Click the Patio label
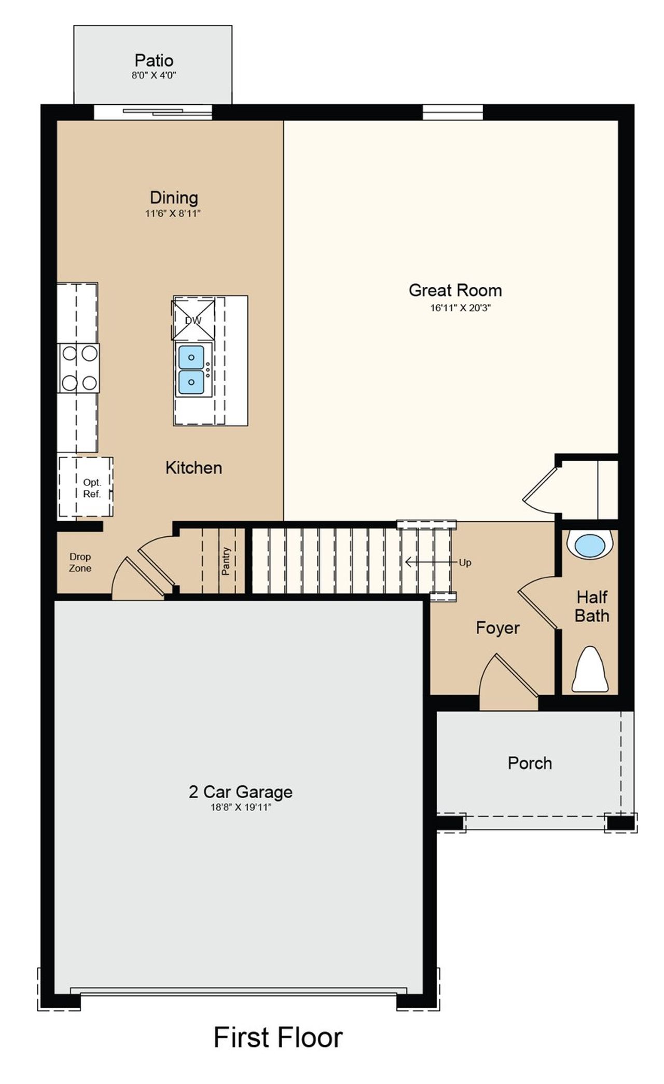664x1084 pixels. click(154, 61)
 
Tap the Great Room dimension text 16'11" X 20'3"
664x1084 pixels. click(460, 308)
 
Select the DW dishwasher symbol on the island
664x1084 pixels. click(193, 320)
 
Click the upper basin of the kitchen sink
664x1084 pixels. click(191, 357)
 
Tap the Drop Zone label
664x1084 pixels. click(80, 562)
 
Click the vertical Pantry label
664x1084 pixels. click(226, 561)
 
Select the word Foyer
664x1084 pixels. click(497, 628)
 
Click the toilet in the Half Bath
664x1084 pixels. click(590, 671)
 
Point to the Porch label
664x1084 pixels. click(530, 763)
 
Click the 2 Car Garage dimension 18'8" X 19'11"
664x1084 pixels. click(241, 807)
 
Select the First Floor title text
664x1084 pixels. click(278, 1037)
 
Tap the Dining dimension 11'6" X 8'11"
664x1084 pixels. click(173, 213)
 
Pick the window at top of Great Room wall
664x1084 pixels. click(452, 112)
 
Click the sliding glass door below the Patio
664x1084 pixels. click(153, 112)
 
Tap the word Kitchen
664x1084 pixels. click(193, 468)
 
